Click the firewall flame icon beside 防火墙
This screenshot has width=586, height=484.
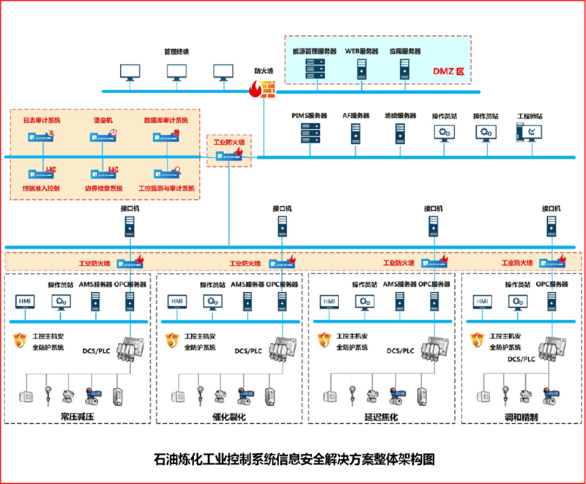pos(259,89)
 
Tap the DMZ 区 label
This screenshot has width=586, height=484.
pos(448,71)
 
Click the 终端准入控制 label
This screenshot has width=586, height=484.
pos(41,188)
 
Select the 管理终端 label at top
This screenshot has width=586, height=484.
pos(177,52)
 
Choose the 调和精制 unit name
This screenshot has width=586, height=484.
pos(522,417)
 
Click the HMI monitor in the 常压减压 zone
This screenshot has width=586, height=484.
pos(24,301)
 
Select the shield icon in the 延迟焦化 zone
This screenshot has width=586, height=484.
pos(323,339)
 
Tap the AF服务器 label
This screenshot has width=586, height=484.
pos(356,116)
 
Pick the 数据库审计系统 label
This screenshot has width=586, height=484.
pos(166,119)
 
